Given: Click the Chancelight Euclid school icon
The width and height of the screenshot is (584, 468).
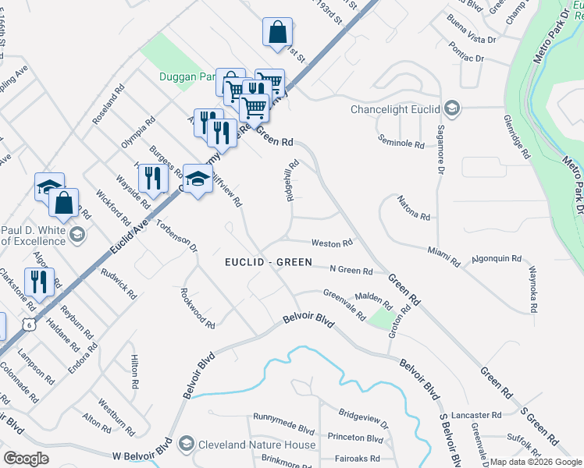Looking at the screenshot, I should [454, 108].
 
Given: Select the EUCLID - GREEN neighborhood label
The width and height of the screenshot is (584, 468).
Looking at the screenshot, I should [269, 263].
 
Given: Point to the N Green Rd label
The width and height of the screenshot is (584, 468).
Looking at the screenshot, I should [351, 270].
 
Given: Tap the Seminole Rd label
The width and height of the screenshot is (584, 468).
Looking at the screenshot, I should [401, 144].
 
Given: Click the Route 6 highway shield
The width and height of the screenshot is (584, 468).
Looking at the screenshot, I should [30, 324].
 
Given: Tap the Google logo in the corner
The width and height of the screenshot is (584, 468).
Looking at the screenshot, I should [26, 458].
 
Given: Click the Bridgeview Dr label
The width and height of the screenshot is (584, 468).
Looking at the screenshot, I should [363, 418].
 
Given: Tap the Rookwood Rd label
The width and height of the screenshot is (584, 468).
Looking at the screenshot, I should [197, 309].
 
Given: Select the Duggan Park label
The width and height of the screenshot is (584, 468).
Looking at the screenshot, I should [186, 76].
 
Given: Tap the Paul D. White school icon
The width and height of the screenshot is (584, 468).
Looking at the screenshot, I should [77, 234].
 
